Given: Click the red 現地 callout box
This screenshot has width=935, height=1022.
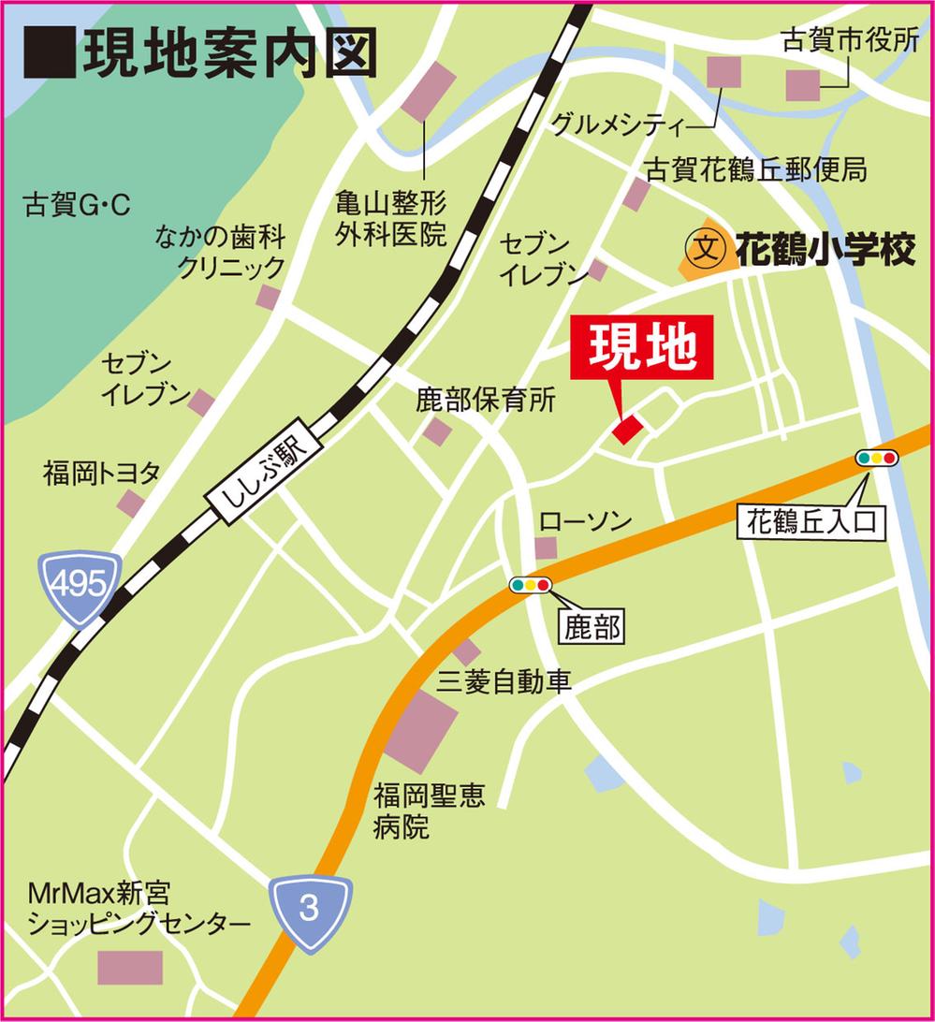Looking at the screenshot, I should pos(641,348).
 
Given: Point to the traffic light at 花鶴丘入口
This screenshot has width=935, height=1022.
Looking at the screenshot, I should pos(876,458).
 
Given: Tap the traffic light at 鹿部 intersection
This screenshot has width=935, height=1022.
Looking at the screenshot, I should pos(530,585).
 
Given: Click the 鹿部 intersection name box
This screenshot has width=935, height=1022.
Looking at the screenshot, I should pos(593,626).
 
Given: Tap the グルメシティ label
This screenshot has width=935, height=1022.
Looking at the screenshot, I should pos(618,123).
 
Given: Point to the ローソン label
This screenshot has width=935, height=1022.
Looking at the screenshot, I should pos(587,521).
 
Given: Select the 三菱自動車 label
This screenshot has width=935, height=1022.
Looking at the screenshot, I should pos(503,681).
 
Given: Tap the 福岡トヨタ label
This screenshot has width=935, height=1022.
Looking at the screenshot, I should pos(101,473).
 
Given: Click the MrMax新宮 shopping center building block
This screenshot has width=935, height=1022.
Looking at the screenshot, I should pos(130,967).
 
